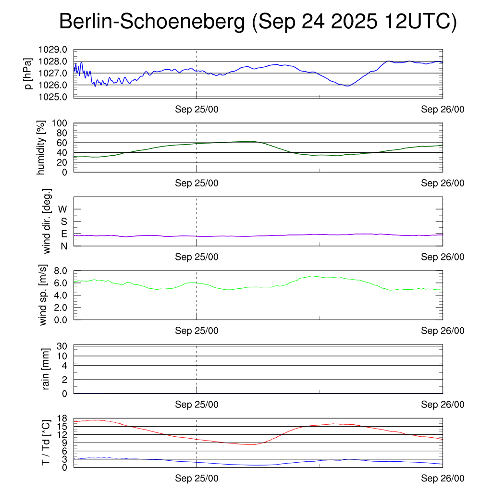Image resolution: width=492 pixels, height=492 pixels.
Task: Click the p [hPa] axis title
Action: point(29,73)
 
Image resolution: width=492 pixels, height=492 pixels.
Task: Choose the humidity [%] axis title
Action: point(42,148)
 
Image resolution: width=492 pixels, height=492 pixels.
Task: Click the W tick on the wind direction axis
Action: point(62,209)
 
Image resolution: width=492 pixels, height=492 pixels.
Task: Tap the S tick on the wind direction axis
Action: point(63,221)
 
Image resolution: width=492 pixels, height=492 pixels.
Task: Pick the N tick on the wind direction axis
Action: point(63,246)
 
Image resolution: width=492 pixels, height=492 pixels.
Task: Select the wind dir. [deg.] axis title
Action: point(47,221)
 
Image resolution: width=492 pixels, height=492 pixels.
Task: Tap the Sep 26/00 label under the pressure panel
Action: point(443,109)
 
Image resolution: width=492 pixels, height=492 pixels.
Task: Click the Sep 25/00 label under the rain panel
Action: point(197,405)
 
